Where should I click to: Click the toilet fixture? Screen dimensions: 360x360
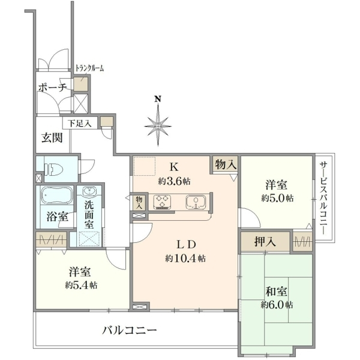pyautogui.click(x=54, y=169)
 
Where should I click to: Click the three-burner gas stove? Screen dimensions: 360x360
pyautogui.click(x=162, y=202)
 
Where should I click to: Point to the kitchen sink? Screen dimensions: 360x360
pyautogui.click(x=196, y=202)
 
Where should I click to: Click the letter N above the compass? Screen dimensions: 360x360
pyautogui.click(x=157, y=99)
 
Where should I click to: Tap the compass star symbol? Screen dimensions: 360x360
pyautogui.click(x=158, y=126)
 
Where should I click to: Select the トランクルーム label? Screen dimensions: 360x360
pyautogui.click(x=90, y=68)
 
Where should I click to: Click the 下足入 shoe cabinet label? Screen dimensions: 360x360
pyautogui.click(x=80, y=124)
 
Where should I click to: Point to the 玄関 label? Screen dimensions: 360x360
pyautogui.click(x=52, y=138)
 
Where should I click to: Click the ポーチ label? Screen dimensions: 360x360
pyautogui.click(x=53, y=88)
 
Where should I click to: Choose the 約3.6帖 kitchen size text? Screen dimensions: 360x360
pyautogui.click(x=174, y=182)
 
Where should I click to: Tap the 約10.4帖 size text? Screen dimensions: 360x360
pyautogui.click(x=185, y=259)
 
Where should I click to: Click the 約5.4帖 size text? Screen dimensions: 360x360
pyautogui.click(x=81, y=286)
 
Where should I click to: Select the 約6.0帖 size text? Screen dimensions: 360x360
pyautogui.click(x=277, y=305)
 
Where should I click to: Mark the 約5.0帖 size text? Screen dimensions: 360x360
pyautogui.click(x=277, y=198)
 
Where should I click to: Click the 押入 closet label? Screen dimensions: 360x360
pyautogui.click(x=265, y=242)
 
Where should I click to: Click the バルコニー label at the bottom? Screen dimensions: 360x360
pyautogui.click(x=130, y=331)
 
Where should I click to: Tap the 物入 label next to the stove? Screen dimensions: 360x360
pyautogui.click(x=139, y=203)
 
